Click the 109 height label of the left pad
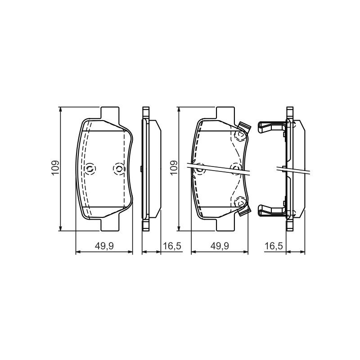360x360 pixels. (x=55, y=168)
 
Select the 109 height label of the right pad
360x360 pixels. (x=174, y=168)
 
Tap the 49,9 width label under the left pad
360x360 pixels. (x=104, y=246)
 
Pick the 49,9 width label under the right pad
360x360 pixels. (x=220, y=246)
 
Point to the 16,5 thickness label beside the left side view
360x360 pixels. (x=172, y=246)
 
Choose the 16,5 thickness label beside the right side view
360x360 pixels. (x=274, y=246)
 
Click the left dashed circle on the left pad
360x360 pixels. (x=90, y=169)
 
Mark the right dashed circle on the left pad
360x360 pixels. (x=119, y=169)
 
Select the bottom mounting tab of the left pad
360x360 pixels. (x=110, y=225)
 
